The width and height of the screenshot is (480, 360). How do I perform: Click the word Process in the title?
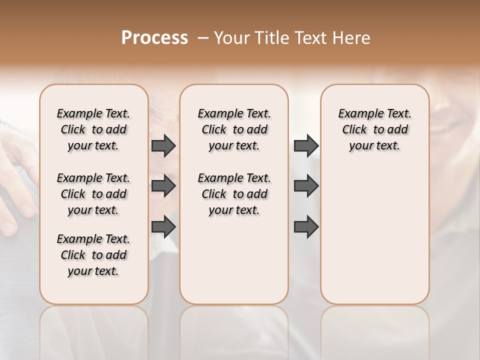[x=154, y=38]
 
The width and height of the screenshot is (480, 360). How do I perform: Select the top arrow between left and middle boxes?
[x=163, y=146]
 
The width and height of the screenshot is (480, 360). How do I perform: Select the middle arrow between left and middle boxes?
[x=163, y=186]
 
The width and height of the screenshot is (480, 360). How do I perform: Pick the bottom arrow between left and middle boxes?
[x=163, y=226]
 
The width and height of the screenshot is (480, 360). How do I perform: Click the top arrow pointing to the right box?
[x=306, y=146]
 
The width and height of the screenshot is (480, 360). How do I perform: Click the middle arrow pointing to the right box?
[x=306, y=186]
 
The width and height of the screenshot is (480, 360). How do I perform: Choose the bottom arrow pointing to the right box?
[x=306, y=226]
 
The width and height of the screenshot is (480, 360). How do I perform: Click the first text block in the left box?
[x=93, y=129]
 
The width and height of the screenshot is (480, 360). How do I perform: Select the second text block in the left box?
[x=93, y=194]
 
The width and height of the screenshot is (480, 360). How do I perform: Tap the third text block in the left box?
[x=93, y=255]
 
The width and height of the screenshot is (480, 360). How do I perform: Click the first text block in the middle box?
[x=234, y=129]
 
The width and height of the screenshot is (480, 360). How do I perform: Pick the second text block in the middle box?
[x=234, y=194]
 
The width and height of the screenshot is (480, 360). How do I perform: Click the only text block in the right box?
[x=374, y=129]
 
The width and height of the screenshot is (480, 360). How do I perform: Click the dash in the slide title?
[x=203, y=38]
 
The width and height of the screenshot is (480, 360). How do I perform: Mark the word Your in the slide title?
[x=231, y=38]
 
